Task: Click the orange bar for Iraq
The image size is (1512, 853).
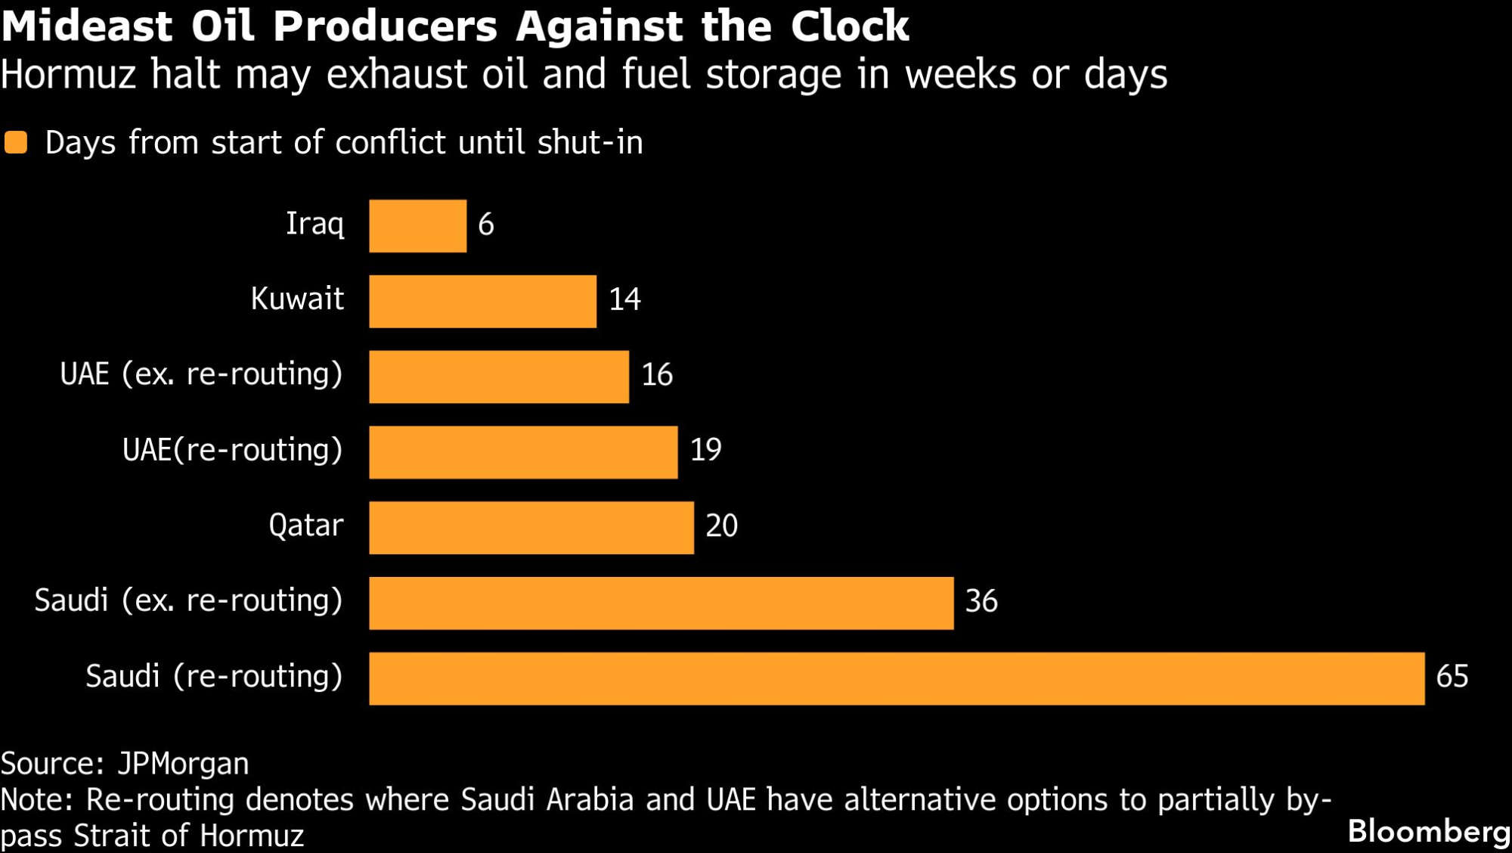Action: [x=417, y=225]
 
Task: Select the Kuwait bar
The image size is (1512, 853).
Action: [x=482, y=301]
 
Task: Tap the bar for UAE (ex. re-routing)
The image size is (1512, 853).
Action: [x=499, y=377]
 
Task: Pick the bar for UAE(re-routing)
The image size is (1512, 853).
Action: [x=523, y=452]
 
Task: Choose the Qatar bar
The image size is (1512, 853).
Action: [x=531, y=527]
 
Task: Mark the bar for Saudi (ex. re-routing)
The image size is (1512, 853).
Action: [x=661, y=603]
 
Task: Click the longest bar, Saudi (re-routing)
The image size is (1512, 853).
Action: [x=897, y=678]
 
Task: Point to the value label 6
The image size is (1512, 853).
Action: [x=486, y=225]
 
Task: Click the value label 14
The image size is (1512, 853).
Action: [x=625, y=299]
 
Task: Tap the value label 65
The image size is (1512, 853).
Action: [x=1452, y=676]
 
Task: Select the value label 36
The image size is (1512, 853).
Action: [x=981, y=601]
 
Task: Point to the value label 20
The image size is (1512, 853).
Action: [x=721, y=526]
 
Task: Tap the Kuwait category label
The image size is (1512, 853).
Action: [x=297, y=299]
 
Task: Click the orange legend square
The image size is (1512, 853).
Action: [x=16, y=142]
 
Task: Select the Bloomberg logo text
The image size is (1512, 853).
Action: [x=1428, y=831]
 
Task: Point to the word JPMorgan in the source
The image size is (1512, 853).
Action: [x=183, y=764]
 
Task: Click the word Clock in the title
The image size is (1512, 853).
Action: [x=849, y=26]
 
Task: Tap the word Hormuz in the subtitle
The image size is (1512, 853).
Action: [x=68, y=74]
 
